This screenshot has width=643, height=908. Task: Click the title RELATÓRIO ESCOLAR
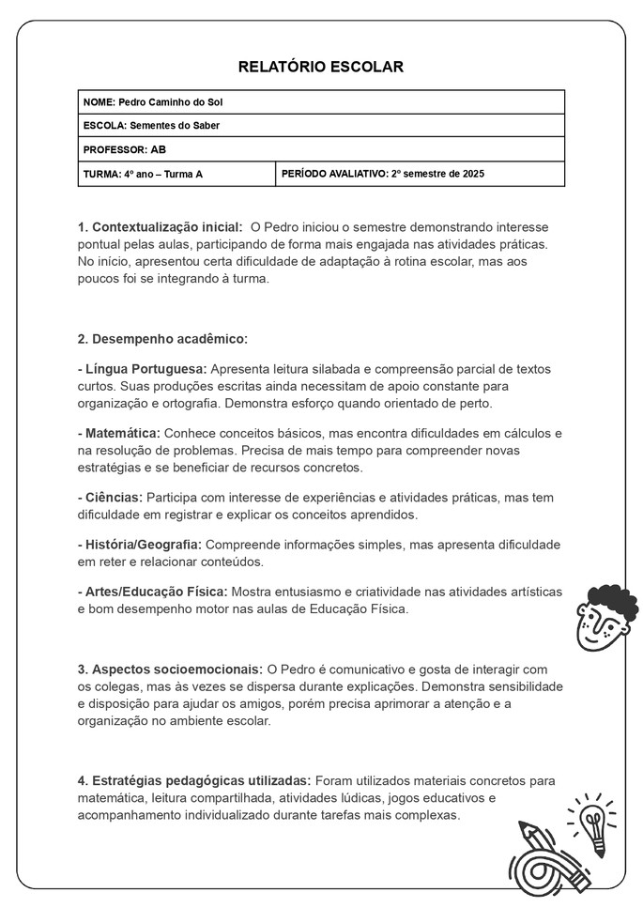coord(321,68)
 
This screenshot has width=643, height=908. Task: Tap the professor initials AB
coord(159,149)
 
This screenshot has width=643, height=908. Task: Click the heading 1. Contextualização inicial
coord(160,227)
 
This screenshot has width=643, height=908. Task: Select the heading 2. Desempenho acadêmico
coord(162,338)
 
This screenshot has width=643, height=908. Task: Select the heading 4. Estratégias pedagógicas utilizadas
coord(194,780)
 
